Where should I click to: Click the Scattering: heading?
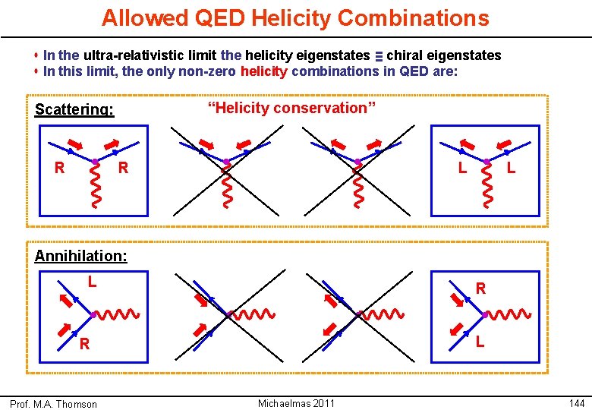click(74, 109)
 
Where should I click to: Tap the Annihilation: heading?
click(81, 256)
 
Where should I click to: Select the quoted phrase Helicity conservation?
click(291, 108)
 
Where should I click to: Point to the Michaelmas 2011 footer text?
click(296, 403)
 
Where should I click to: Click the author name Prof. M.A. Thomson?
click(58, 404)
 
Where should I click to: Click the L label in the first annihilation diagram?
click(91, 282)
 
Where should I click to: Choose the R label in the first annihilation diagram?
click(85, 344)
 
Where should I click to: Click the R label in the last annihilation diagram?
click(481, 289)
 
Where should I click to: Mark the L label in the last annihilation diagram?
click(480, 342)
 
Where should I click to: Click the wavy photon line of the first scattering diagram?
click(95, 187)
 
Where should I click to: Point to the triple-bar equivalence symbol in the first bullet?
click(378, 55)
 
